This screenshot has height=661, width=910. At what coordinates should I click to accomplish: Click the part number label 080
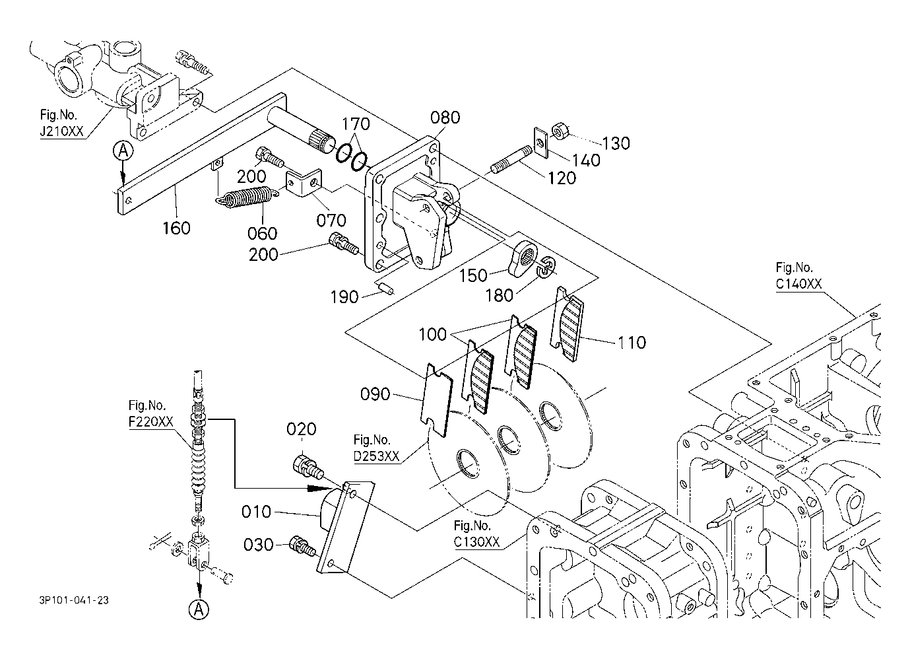(445, 118)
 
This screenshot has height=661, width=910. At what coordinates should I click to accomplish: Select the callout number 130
(616, 143)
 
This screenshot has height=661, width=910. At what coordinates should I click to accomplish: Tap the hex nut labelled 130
(560, 131)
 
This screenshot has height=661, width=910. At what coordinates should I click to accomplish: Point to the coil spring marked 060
(246, 197)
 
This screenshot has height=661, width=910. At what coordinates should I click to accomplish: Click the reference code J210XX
(61, 131)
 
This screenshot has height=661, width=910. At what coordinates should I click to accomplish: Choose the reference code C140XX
(798, 284)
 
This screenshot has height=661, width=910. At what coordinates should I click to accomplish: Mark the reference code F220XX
(147, 421)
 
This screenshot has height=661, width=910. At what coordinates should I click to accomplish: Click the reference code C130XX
(477, 542)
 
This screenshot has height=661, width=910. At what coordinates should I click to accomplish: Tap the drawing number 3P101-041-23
(74, 600)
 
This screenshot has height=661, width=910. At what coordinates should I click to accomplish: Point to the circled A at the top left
(122, 151)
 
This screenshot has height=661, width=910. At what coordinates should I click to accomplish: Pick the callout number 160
(176, 228)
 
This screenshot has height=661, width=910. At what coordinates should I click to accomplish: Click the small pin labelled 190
(386, 288)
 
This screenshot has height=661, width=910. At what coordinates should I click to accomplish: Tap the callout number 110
(632, 342)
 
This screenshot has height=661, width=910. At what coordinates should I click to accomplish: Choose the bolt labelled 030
(302, 545)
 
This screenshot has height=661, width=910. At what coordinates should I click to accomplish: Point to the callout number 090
(375, 396)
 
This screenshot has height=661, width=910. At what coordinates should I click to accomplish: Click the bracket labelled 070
(304, 184)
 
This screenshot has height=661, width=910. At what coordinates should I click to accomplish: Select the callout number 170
(356, 123)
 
